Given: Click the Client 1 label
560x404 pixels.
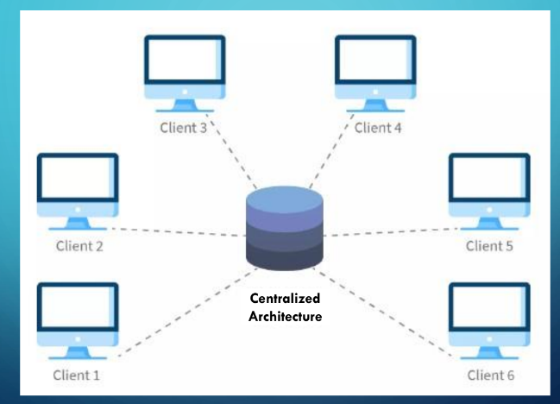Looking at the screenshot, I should click(x=76, y=375).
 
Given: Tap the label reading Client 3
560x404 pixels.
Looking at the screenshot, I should click(x=183, y=129).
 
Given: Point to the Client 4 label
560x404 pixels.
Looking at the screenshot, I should click(x=378, y=129).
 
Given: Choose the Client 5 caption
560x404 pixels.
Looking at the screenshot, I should click(x=489, y=247).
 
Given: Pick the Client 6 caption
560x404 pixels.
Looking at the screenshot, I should click(x=490, y=375).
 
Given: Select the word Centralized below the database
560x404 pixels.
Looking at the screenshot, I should click(x=285, y=299).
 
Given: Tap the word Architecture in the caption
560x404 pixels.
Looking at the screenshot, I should click(x=285, y=316).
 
